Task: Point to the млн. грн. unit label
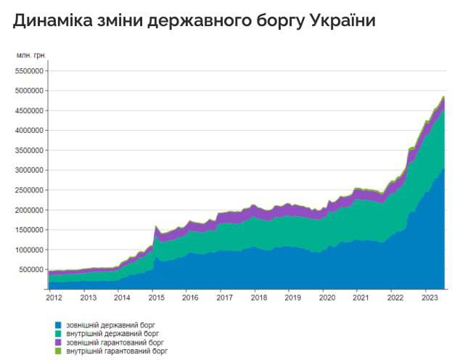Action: click(31, 55)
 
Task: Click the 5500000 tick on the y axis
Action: click(30, 71)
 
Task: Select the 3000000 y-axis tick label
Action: click(30, 170)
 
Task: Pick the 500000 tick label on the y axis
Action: click(32, 269)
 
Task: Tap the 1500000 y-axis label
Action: click(30, 229)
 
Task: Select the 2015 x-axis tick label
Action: click(156, 298)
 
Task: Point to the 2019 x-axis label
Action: click(292, 298)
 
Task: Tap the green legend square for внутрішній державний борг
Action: click(57, 333)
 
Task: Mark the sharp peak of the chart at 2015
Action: click(156, 226)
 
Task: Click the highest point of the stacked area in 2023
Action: click(443, 97)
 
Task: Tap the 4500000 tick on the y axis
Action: click(30, 110)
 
